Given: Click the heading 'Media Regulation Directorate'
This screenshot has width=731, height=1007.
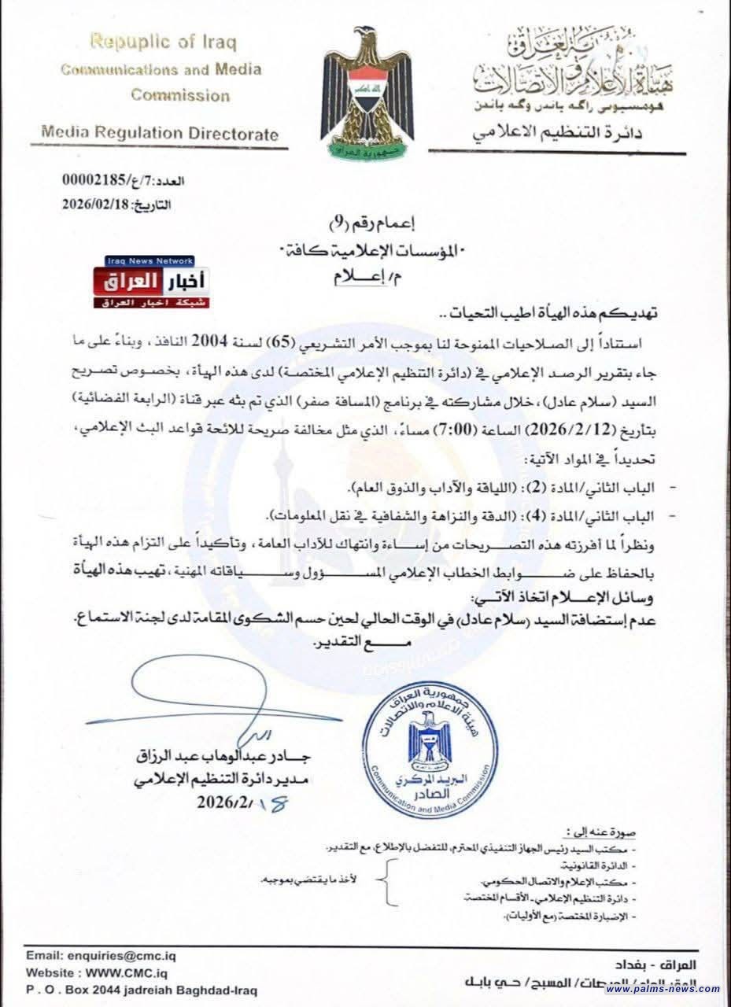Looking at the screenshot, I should click(x=160, y=134).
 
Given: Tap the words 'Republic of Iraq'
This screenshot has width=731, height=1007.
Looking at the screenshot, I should click(x=163, y=42).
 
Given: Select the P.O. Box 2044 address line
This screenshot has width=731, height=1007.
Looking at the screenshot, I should click(x=142, y=990).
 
